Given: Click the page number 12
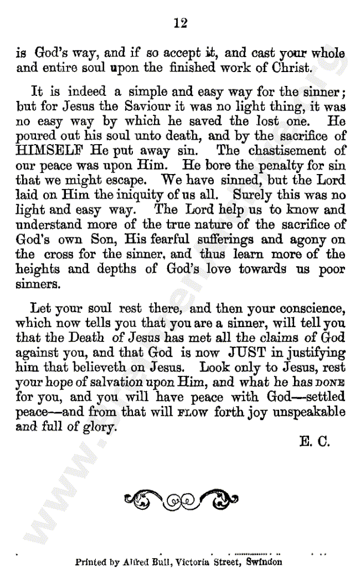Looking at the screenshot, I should pos(180,23).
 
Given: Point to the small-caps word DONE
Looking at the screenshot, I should pos(331,383).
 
